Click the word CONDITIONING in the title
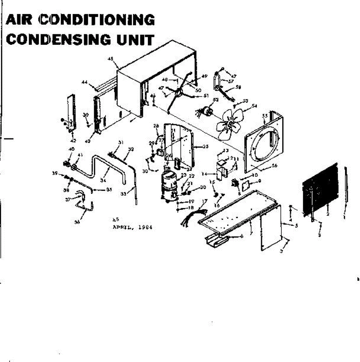pos(97,20)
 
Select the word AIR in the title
pos(21,20)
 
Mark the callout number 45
pos(110,59)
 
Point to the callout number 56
pos(274,166)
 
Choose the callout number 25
pos(205,147)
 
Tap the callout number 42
pos(73,141)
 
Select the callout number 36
pos(77,222)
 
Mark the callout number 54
pos(254,106)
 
